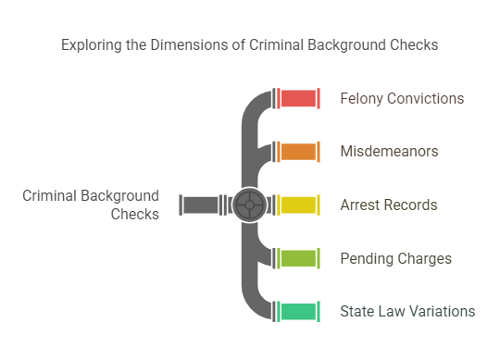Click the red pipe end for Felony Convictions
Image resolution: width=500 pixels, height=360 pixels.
tap(299, 98)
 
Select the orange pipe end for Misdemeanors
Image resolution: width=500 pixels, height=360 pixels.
tap(299, 151)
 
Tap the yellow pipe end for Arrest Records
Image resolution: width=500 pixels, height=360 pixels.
tap(299, 205)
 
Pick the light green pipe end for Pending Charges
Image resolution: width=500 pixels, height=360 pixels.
tap(299, 258)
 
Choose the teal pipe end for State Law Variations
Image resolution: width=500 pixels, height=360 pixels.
tap(299, 311)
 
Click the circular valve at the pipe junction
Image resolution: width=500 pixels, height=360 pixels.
tap(249, 205)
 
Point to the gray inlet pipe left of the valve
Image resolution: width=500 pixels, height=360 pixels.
tap(199, 205)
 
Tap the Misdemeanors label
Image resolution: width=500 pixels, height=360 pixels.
tap(389, 152)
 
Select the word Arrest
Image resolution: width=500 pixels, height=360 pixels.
tap(361, 205)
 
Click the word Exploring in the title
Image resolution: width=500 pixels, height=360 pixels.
tap(91, 44)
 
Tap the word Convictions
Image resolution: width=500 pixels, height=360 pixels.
tap(427, 98)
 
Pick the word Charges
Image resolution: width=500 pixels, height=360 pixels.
tap(425, 258)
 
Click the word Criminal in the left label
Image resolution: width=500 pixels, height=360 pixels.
tap(50, 196)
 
